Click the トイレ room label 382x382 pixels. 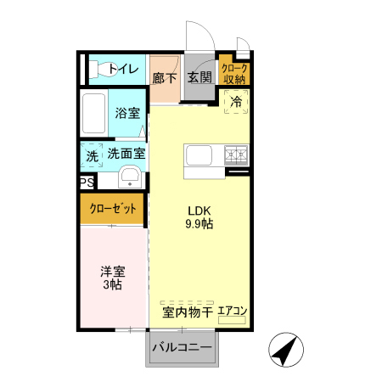click(x=124, y=68)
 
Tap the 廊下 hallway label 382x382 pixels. click(x=165, y=77)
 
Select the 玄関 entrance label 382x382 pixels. click(x=199, y=77)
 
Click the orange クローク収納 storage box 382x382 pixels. click(x=233, y=72)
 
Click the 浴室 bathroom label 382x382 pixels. click(x=127, y=113)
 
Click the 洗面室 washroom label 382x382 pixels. click(x=126, y=154)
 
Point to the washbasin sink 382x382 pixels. click(x=130, y=177)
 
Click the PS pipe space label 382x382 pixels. click(x=87, y=183)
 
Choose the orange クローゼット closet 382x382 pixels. click(x=112, y=208)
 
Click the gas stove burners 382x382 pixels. click(x=235, y=155)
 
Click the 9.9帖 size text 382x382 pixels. click(x=199, y=225)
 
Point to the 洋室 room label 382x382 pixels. click(x=113, y=272)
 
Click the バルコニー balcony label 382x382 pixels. click(x=182, y=347)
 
